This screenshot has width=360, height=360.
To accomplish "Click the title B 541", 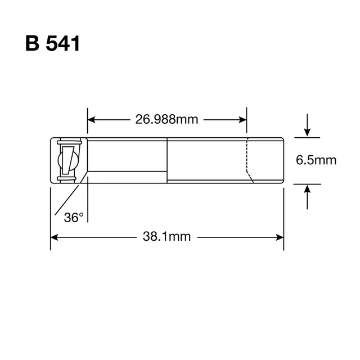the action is (52, 43).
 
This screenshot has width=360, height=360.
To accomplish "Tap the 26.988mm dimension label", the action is (166, 119).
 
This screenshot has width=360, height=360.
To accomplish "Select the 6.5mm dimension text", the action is (316, 160).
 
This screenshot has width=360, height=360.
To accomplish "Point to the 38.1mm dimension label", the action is (166, 236).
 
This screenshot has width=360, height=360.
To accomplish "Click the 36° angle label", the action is (74, 218).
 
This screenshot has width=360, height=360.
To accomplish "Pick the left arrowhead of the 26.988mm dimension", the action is (91, 120).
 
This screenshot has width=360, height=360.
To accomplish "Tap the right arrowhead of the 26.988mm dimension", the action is (242, 120).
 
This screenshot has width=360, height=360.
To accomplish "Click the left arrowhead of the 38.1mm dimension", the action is (54, 237).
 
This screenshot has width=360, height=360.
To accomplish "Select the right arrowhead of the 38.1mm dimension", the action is (280, 237).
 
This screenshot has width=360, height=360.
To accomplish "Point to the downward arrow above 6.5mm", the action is (307, 125).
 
